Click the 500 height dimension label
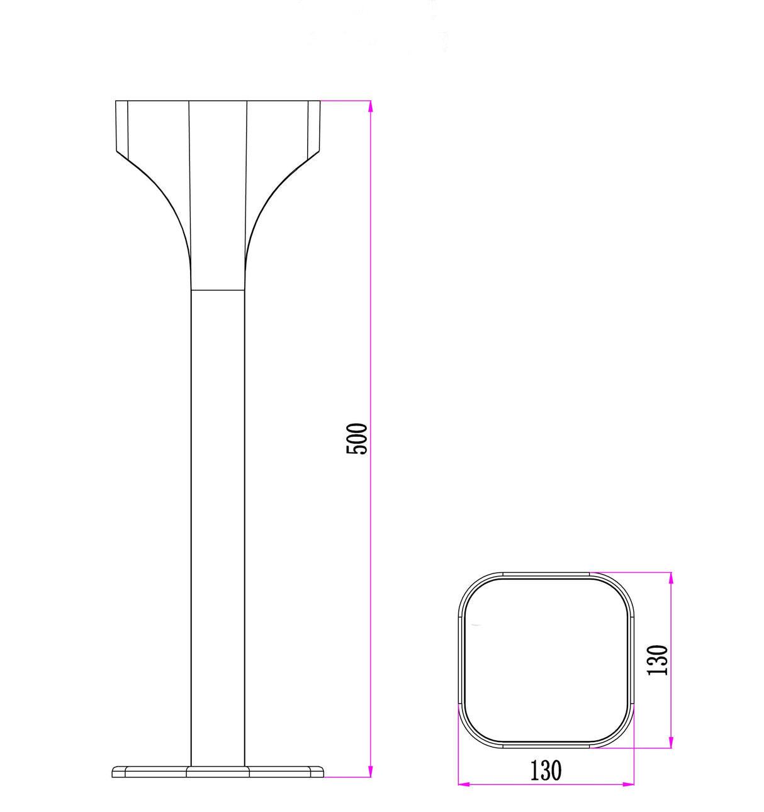(357, 439)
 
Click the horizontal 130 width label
(546, 770)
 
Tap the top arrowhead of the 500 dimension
(371, 106)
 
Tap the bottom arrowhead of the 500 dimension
(371, 770)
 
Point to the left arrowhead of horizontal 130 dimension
(464, 784)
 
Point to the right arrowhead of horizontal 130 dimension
(628, 784)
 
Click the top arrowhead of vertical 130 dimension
(671, 578)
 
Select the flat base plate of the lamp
(218, 772)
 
